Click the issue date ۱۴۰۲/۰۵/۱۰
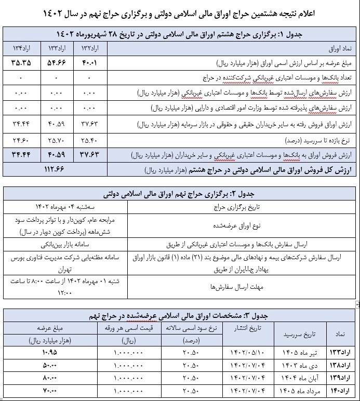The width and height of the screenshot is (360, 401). click(244, 353)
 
